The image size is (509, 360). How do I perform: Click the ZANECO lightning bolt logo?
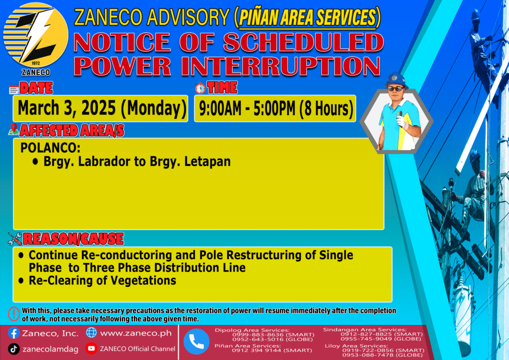36,35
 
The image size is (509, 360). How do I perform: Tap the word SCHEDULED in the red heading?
303,42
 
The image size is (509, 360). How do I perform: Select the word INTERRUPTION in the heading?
280,66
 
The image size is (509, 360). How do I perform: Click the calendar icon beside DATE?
14,89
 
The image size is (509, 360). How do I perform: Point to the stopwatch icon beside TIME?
200,88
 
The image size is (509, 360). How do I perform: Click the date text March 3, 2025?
67,108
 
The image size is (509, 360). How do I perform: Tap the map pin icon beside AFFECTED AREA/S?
13,129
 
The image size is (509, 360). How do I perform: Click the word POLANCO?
50,148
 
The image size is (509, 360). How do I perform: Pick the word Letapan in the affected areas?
207,162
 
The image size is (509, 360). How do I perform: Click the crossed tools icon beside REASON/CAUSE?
15,239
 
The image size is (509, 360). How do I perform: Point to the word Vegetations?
144,280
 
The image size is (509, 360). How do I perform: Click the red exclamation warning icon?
13,314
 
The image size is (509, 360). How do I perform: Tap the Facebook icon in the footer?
13,333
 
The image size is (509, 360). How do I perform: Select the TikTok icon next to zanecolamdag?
13,349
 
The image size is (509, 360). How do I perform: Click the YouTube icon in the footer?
91,348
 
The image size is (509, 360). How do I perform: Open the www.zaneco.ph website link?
136,333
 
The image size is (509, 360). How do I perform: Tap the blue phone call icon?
196,341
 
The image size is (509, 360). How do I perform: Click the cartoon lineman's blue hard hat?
396,80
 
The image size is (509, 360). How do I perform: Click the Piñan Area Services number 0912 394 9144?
256,350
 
